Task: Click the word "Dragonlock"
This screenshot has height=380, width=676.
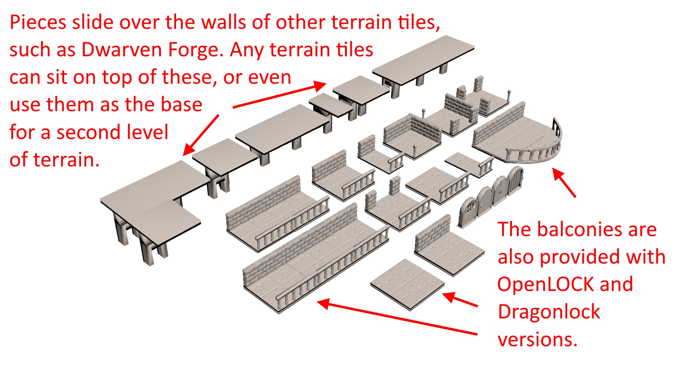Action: coord(549,312)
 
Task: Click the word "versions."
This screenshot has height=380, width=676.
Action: coord(537,340)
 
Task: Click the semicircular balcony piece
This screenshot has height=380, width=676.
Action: coord(521,141)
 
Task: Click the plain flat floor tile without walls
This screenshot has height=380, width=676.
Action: coord(407,284)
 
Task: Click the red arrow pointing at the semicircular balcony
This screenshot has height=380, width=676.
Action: coord(564,182)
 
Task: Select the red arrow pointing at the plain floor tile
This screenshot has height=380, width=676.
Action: coord(460,300)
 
